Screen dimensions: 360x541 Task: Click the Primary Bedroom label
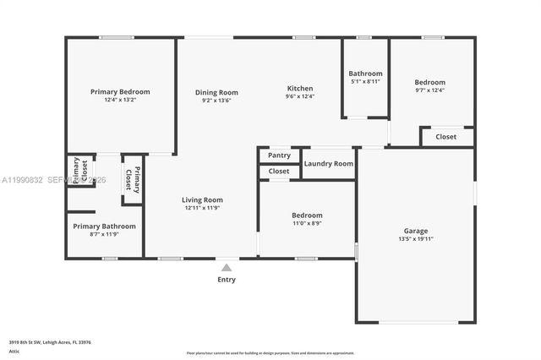tap(120, 91)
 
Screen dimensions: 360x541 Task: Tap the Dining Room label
tap(216, 92)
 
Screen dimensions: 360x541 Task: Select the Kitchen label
tap(300, 88)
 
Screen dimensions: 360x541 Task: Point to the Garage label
tap(415, 231)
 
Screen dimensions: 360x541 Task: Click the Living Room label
tap(202, 200)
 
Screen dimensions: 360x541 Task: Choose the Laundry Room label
tap(328, 163)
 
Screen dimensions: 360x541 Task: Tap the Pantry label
tap(279, 155)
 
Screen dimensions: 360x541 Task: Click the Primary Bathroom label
tap(104, 226)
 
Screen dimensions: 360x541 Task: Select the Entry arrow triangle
tap(227, 268)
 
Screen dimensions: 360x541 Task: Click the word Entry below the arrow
tap(227, 280)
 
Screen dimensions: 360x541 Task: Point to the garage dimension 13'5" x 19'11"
tap(415, 239)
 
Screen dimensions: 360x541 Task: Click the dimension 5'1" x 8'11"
tap(365, 82)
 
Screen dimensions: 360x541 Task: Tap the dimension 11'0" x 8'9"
tap(307, 223)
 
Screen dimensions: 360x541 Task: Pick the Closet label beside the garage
tap(445, 136)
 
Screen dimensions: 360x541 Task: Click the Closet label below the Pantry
tap(279, 171)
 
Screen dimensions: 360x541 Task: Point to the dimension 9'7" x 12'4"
tap(429, 90)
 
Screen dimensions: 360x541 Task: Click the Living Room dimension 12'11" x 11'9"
tap(202, 208)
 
